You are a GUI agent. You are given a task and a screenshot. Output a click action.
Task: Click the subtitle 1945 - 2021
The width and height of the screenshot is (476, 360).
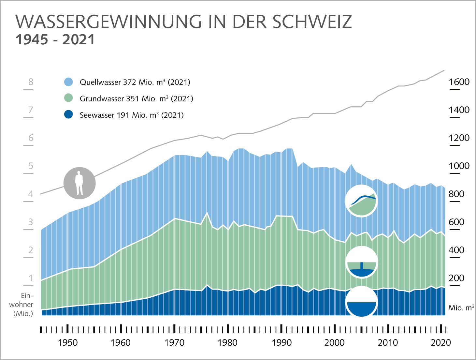55,40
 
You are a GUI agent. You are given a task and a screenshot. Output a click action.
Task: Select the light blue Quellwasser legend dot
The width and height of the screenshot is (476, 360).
68,82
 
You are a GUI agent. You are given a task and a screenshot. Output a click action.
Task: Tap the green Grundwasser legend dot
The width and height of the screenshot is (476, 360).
68,98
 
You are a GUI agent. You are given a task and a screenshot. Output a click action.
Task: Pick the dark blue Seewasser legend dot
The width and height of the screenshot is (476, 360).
68,115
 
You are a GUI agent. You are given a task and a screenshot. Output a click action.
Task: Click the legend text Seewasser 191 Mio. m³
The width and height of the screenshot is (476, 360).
132,115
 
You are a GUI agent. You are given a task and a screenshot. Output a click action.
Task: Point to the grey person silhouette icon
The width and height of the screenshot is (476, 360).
79,183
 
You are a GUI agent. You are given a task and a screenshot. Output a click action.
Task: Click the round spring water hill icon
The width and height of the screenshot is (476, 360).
361,201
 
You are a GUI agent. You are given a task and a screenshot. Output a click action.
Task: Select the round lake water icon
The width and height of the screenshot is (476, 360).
361,302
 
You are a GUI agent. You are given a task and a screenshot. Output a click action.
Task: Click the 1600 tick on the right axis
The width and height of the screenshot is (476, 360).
459,82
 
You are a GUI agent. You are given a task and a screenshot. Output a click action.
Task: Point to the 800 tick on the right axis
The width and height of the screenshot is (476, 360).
456,194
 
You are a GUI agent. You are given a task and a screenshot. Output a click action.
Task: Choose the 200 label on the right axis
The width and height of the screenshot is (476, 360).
456,278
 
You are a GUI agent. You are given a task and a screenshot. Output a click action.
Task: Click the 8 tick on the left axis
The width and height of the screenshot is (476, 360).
31,82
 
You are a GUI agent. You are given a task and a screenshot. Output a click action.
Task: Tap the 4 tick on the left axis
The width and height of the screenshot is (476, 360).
31,194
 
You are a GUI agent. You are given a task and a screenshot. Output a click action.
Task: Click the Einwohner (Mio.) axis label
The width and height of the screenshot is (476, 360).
22,305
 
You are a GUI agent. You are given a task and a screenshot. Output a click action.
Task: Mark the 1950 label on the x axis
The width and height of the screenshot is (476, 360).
67,343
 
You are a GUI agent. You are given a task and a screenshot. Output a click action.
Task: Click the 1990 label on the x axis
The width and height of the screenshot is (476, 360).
281,343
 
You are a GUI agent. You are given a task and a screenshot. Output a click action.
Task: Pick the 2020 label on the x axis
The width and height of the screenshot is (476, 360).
441,343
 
